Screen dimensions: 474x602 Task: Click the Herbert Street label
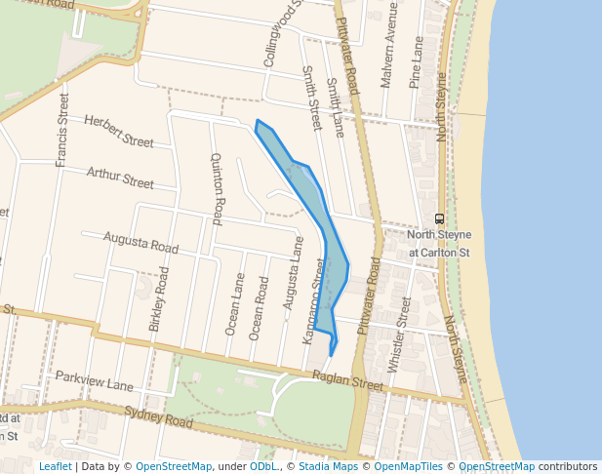pyautogui.click(x=119, y=132)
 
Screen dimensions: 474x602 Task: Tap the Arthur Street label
pyautogui.click(x=120, y=178)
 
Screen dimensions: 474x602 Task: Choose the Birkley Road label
pyautogui.click(x=158, y=299)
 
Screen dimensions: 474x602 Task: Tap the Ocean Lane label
pyautogui.click(x=235, y=303)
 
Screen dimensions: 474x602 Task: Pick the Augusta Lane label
pyautogui.click(x=288, y=280)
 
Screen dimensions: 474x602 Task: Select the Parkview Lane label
pyautogui.click(x=94, y=381)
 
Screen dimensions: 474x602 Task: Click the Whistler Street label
pyautogui.click(x=399, y=335)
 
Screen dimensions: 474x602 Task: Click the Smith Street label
pyautogui.click(x=311, y=99)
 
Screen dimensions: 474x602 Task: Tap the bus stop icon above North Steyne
pyautogui.click(x=439, y=218)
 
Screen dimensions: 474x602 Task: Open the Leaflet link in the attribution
pyautogui.click(x=55, y=466)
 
